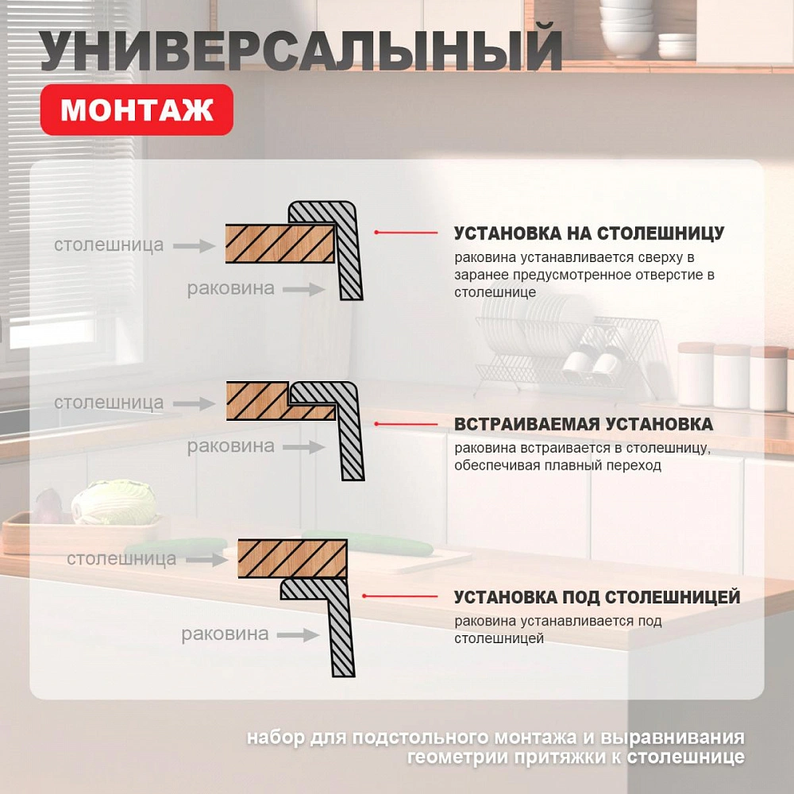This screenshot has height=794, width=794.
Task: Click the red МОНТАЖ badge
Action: [x=137, y=110]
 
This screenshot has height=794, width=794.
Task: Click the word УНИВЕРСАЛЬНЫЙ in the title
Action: [x=301, y=51]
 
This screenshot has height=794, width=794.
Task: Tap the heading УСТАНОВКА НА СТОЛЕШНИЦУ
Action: [x=588, y=233]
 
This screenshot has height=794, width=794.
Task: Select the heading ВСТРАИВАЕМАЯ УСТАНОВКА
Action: [x=583, y=424]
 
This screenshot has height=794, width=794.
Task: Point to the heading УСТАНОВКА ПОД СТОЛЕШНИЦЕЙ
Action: [x=596, y=596]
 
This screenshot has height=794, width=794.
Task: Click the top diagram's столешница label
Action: [x=109, y=245]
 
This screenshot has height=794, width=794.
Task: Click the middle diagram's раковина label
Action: [x=230, y=446]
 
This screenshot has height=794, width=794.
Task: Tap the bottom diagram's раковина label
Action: [x=225, y=634]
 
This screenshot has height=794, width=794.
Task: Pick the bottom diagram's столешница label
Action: [x=121, y=558]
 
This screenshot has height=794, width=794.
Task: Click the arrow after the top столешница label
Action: [x=195, y=245]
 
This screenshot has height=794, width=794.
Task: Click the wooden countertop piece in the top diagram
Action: [x=278, y=242]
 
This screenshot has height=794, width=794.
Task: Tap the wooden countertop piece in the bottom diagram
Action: [x=291, y=558]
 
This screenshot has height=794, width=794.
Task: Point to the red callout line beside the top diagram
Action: [x=405, y=233]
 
